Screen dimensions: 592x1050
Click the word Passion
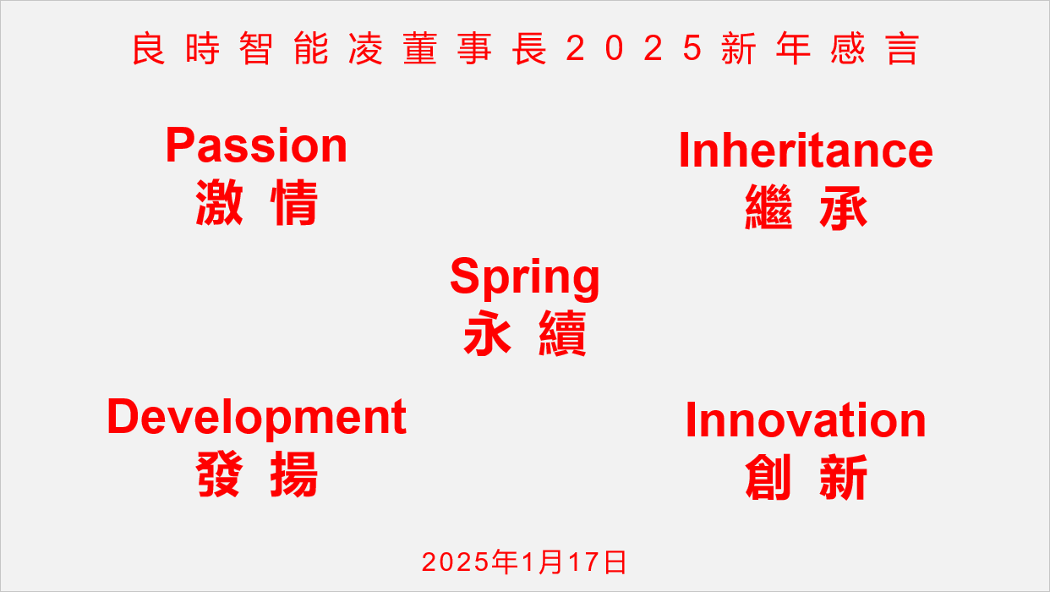click(256, 145)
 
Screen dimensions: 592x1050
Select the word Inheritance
click(806, 151)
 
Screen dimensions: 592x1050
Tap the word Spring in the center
click(525, 277)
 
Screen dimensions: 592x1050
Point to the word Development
click(257, 417)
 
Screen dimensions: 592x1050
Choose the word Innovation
click(806, 420)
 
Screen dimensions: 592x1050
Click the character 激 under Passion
click(219, 203)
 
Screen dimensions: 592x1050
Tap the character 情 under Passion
click(294, 203)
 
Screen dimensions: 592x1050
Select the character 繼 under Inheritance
click(768, 208)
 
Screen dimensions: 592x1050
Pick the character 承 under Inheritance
click(844, 208)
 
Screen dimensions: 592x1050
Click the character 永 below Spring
click(488, 335)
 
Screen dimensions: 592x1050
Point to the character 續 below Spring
click(562, 335)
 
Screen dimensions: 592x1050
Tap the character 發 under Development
click(219, 474)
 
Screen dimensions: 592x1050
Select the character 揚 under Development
click(294, 474)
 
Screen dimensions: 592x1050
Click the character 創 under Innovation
click(768, 478)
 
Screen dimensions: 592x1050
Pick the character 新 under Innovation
click(844, 478)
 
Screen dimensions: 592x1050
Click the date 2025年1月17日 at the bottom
click(525, 562)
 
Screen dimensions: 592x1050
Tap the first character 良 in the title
click(148, 49)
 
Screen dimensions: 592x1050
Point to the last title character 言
click(902, 49)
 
